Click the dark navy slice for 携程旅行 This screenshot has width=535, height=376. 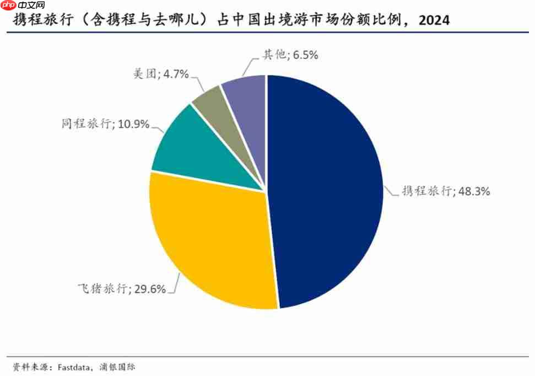[x=331, y=187]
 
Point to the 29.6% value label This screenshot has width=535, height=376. [x=149, y=289]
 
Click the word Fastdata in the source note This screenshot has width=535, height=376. [x=72, y=367]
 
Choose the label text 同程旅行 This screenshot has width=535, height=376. [x=87, y=124]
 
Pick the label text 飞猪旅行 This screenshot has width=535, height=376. [x=102, y=289]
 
